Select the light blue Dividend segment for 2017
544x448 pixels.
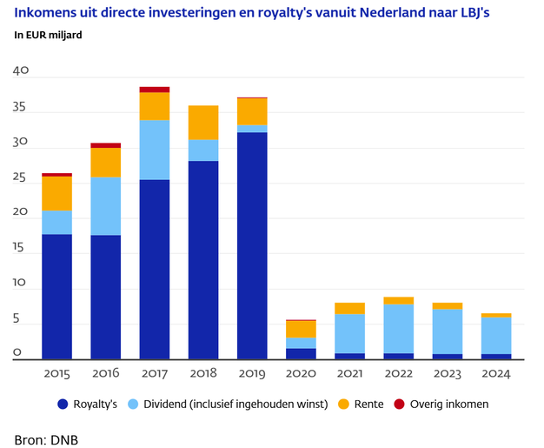click(154, 150)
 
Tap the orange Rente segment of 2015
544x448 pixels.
click(56, 193)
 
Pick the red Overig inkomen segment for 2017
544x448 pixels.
click(154, 89)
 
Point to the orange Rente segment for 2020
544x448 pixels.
click(301, 329)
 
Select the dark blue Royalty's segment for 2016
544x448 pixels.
click(105, 297)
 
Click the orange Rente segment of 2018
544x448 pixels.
click(203, 123)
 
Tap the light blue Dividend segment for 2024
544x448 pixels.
click(496, 336)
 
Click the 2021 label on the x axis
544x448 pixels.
click(350, 374)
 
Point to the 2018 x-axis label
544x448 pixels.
click(203, 374)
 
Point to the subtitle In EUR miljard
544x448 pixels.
click(54, 36)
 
